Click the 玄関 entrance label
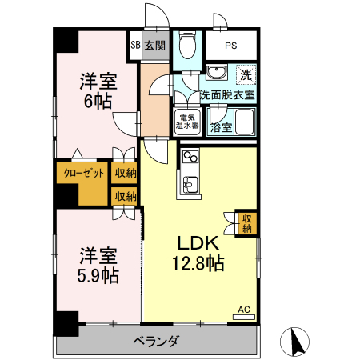point(155,46)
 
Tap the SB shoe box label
point(135,46)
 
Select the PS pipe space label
point(230,46)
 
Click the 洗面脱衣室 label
point(227,94)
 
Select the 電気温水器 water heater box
point(187,123)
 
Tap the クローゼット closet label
point(80,172)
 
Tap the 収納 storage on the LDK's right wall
point(247,223)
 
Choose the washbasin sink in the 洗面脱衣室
point(217,74)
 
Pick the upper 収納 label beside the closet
point(125,172)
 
